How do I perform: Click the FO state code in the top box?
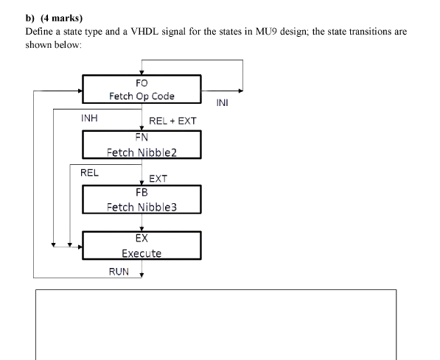142,83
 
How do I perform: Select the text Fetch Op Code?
142,96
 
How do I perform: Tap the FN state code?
142,138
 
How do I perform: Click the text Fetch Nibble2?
142,152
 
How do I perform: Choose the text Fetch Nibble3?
142,207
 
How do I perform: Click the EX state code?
142,238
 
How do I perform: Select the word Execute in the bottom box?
142,253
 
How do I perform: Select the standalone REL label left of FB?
89,173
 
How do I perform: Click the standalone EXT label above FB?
158,178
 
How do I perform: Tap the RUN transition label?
119,272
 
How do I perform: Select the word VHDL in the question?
186,32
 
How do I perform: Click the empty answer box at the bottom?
216,324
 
